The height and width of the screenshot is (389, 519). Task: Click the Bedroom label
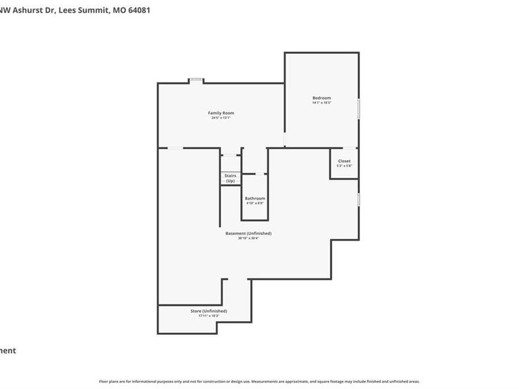(322, 98)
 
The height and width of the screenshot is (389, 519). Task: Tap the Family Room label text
(221, 113)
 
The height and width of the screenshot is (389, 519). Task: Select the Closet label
(344, 161)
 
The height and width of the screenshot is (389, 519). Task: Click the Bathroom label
(255, 198)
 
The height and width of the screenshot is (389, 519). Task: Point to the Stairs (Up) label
(230, 178)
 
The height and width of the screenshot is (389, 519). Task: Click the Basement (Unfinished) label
(248, 233)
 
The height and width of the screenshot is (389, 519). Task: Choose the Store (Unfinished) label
(209, 311)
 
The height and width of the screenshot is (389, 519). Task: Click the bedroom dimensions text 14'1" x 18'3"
(322, 103)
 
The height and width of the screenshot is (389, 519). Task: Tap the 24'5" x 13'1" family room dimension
(221, 118)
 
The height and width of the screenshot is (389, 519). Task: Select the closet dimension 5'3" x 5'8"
(344, 166)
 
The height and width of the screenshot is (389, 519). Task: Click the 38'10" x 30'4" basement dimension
(248, 238)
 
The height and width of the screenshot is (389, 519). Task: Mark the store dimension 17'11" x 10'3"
(209, 316)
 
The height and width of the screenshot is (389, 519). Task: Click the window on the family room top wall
(196, 80)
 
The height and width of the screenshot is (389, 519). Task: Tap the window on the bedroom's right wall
(359, 109)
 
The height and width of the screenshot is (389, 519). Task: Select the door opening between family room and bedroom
(284, 140)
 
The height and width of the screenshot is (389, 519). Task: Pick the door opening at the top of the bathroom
(261, 173)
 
